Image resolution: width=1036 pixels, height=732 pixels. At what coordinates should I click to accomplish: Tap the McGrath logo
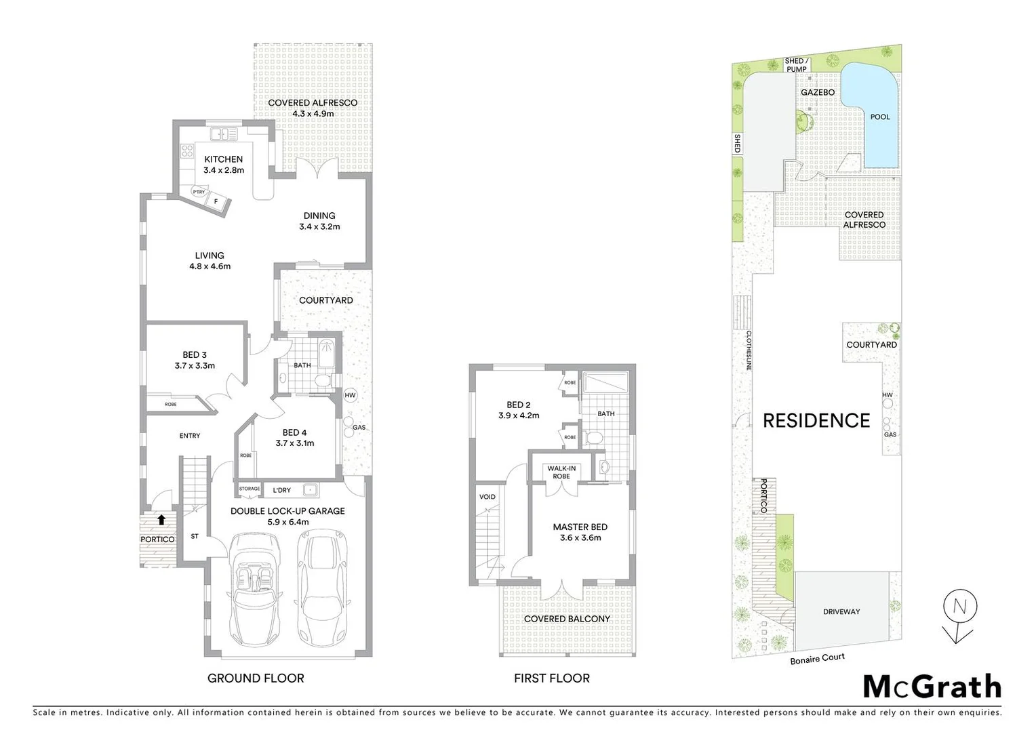pos(932,687)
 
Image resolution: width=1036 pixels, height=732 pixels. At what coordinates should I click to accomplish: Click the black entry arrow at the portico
pos(161,521)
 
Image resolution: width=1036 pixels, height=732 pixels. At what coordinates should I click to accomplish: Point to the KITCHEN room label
pos(223,159)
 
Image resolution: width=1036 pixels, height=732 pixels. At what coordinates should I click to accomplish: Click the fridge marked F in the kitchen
pos(216,201)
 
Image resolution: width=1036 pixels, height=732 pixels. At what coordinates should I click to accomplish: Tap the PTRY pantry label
pos(199,192)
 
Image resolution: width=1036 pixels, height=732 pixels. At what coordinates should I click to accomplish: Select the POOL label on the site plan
pos(879,117)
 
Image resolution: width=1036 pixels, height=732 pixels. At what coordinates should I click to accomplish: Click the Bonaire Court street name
pos(817,658)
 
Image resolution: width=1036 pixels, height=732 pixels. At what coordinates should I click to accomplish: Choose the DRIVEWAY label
pos(841,611)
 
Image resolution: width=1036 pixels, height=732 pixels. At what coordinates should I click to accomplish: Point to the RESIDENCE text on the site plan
pos(816,421)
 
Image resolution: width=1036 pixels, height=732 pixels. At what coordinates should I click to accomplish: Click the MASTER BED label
pos(580,527)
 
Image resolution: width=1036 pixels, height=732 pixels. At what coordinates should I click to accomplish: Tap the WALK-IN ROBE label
pos(561,472)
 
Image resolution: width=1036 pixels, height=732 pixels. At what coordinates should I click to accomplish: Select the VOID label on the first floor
pos(487,497)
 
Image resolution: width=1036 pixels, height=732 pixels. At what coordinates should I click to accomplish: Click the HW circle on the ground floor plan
pos(350,395)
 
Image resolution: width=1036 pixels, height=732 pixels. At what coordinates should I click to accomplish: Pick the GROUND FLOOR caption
pos(256,678)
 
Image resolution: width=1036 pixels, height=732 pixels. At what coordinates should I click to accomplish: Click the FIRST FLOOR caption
pos(551,678)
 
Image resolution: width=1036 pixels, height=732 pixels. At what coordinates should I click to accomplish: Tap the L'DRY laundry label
pos(281,489)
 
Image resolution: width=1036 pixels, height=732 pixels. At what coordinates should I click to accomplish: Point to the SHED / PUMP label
pos(796,64)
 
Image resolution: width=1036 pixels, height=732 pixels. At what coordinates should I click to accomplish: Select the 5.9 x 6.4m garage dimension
pos(287,522)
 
